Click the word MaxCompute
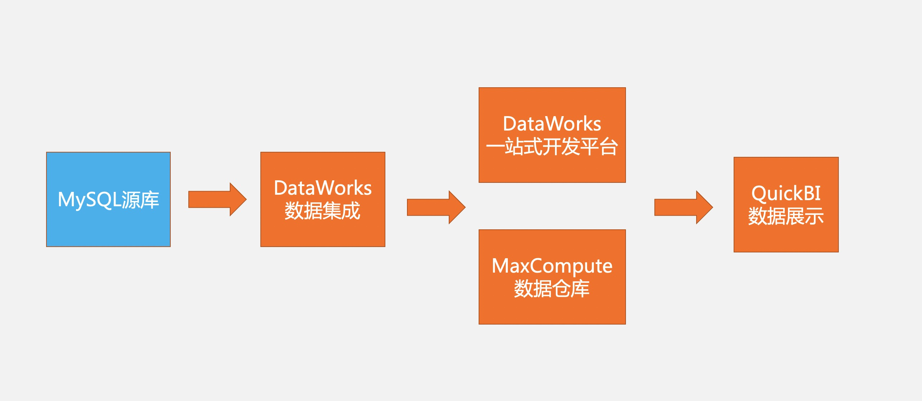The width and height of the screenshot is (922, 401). click(x=552, y=266)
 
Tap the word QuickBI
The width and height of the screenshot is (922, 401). click(x=786, y=194)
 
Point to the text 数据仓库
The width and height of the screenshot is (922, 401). click(x=552, y=288)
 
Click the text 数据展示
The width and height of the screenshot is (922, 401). click(x=786, y=216)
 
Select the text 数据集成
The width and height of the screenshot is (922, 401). click(x=323, y=211)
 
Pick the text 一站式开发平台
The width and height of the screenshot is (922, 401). click(x=552, y=147)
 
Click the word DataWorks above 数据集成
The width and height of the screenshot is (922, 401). click(x=323, y=188)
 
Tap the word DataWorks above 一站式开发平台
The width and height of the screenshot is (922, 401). click(x=552, y=124)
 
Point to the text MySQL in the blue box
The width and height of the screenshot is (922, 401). click(x=89, y=199)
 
